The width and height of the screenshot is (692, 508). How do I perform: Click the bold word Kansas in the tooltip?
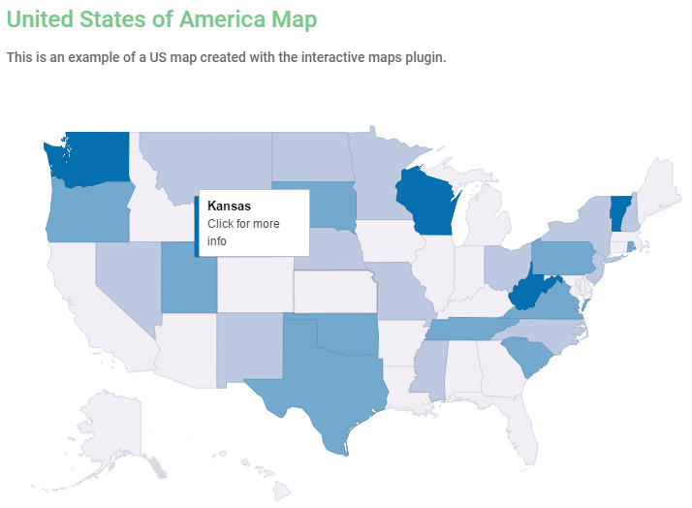(229, 206)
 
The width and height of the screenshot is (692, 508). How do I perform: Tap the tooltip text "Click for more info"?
(243, 232)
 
